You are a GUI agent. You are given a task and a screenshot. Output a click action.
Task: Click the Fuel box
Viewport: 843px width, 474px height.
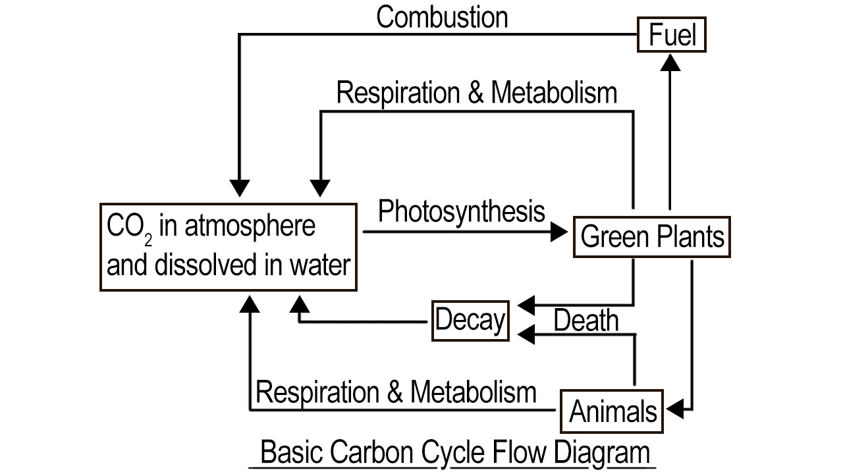pos(672,35)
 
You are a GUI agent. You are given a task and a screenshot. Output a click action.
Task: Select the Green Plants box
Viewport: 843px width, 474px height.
pos(652,236)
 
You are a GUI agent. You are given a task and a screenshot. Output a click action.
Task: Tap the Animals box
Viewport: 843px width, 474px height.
pos(612,411)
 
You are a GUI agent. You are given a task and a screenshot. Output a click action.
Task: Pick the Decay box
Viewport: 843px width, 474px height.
pos(470,321)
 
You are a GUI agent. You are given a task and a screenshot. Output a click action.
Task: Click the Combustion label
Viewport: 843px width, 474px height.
pos(442,17)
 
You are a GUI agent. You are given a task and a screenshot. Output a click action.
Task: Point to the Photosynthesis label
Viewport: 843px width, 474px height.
pos(462,211)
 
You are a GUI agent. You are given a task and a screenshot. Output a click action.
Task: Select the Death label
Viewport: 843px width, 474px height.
pos(585,321)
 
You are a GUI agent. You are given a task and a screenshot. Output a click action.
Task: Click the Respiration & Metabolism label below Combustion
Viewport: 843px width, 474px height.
pos(476,92)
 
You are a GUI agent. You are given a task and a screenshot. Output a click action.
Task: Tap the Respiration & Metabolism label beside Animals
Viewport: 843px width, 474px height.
pos(395,392)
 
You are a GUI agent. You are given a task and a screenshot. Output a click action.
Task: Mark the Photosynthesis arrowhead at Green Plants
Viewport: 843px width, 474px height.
pos(559,232)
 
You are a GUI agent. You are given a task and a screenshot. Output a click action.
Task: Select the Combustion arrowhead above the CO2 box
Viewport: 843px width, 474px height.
pos(240,188)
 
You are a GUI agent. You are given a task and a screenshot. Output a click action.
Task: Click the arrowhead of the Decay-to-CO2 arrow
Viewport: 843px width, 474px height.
pos(300,303)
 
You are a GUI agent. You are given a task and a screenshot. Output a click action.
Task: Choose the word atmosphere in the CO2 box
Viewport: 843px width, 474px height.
pos(250,226)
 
